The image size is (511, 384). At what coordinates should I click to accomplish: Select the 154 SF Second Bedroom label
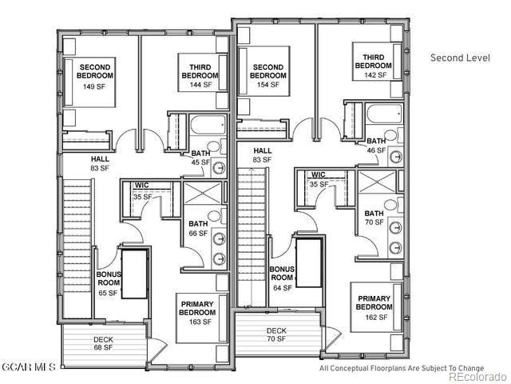pyautogui.click(x=267, y=75)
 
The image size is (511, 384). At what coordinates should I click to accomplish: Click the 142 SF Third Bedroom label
pyautogui.click(x=373, y=66)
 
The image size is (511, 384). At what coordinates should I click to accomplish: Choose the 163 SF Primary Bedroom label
pyautogui.click(x=196, y=313)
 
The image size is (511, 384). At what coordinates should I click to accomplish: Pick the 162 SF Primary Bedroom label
pyautogui.click(x=373, y=308)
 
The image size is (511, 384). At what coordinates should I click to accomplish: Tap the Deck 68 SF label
pyautogui.click(x=104, y=342)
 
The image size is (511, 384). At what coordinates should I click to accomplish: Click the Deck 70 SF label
pyautogui.click(x=276, y=334)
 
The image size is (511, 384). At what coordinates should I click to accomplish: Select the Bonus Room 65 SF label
pyautogui.click(x=109, y=283)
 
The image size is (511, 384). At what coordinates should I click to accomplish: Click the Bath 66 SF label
pyautogui.click(x=197, y=229)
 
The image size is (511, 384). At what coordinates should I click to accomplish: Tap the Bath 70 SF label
pyautogui.click(x=373, y=218)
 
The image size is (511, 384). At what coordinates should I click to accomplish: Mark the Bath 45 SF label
pyautogui.click(x=200, y=158)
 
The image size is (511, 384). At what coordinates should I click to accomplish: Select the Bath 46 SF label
pyautogui.click(x=376, y=146)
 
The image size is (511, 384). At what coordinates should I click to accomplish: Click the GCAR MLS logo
pyautogui.click(x=29, y=368)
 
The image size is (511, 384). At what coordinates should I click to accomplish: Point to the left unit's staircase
pyautogui.click(x=78, y=248)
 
